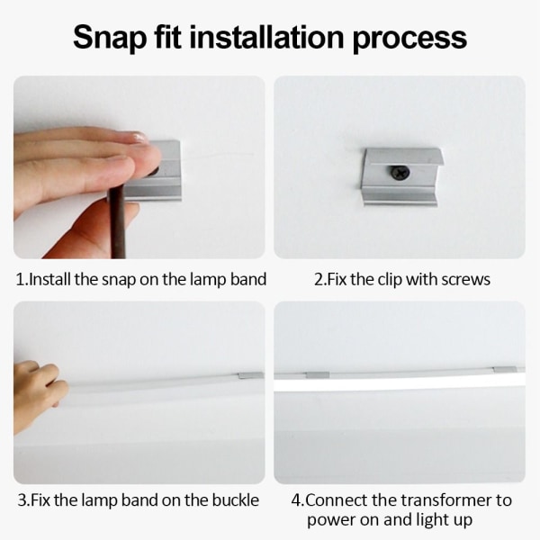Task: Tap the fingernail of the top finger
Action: point(140,137)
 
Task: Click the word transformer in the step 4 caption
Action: point(446,500)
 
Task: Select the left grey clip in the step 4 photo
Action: point(318,374)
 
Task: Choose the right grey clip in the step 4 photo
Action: point(505,370)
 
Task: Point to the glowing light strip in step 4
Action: point(400,385)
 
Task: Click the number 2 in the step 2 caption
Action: point(319,280)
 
